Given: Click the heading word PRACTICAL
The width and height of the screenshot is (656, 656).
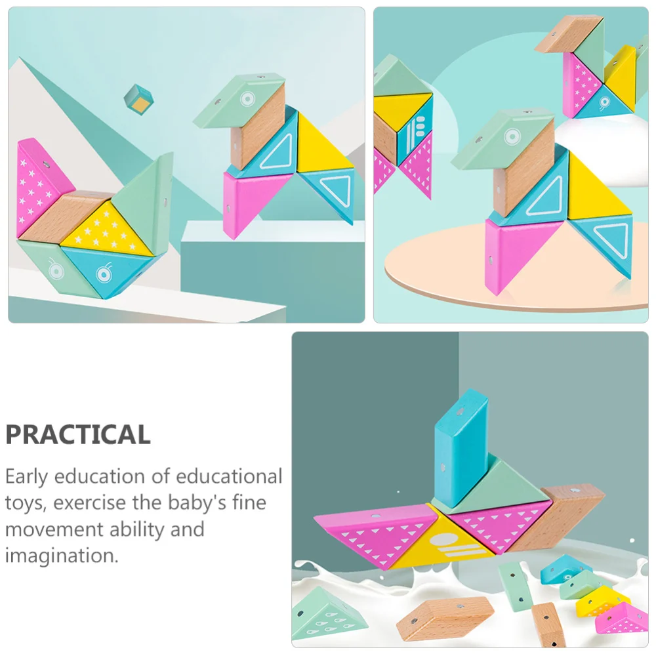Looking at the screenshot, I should pos(77,434).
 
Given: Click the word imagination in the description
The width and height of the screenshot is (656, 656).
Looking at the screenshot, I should pos(61,556).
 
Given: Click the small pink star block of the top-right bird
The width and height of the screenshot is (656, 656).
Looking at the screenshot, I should pos(583,83).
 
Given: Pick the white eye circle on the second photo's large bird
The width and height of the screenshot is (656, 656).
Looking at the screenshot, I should pos(512,136).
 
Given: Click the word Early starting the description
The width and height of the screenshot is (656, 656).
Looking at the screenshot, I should pos(27,476).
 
